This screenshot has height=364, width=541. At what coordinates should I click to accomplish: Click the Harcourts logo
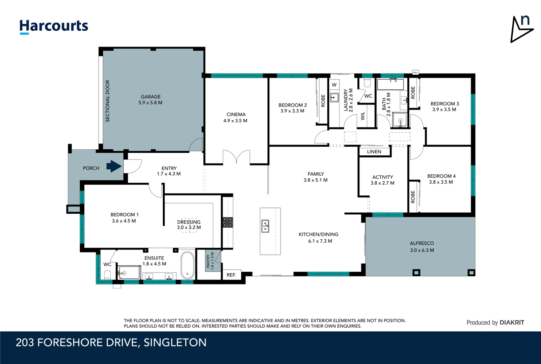coord(54,26)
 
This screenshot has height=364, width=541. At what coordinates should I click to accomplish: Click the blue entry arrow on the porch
coord(114,166)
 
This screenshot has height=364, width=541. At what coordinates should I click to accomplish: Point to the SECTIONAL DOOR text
coord(108,101)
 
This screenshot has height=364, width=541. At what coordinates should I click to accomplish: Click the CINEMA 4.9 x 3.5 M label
coord(236,118)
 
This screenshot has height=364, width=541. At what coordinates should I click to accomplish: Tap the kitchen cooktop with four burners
coord(227,222)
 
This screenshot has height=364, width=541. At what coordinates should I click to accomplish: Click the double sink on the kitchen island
coord(266,226)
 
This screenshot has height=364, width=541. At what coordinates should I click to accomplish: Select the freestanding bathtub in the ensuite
coord(187,265)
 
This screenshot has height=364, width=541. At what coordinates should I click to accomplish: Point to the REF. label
coord(231,275)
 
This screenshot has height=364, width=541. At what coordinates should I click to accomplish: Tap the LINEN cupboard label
coord(374,152)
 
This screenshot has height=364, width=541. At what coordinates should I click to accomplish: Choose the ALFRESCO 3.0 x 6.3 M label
coord(422,247)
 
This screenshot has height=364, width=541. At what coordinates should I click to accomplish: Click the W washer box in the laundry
coord(334,85)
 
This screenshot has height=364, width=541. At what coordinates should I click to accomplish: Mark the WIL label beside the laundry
coord(363,116)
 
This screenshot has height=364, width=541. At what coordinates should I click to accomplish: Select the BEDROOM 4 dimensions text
coord(441,182)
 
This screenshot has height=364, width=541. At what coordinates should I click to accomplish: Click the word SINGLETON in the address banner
coord(175,342)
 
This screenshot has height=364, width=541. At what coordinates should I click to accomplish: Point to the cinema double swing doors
coord(236,157)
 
